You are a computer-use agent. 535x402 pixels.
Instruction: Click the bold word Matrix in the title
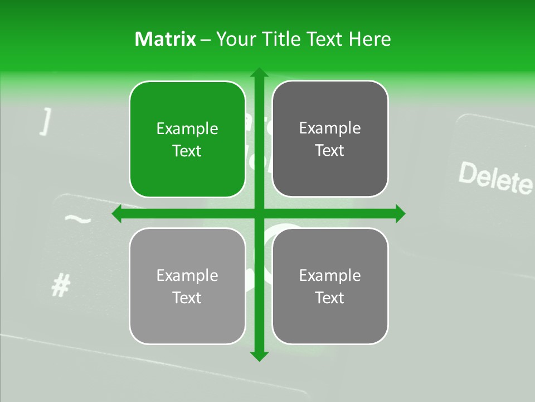[165, 39]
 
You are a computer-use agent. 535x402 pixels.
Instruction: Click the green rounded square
[187, 139]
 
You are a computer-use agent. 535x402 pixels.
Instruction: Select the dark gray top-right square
[330, 139]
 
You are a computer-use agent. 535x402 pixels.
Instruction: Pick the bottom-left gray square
[187, 286]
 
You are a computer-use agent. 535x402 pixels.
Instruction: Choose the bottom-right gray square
[330, 286]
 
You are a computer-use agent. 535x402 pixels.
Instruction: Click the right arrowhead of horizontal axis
[400, 214]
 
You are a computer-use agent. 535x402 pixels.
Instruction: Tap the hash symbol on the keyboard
[60, 286]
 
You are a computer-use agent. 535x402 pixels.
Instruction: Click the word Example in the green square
[187, 129]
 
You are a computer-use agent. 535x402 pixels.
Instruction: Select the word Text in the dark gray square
[330, 151]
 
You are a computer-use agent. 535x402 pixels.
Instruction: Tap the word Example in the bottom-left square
[187, 276]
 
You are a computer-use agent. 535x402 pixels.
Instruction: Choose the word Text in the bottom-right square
[330, 298]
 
